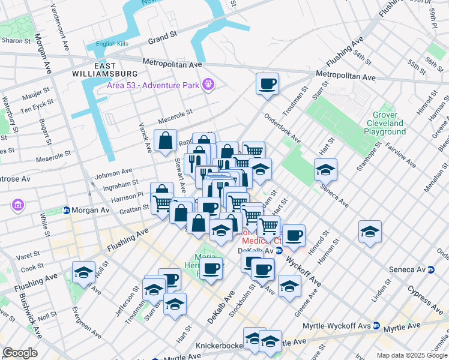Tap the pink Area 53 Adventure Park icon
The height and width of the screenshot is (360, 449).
(x=208, y=85)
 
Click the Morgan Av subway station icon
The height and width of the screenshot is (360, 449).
(x=65, y=211)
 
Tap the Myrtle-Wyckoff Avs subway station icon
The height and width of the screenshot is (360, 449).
(x=376, y=325)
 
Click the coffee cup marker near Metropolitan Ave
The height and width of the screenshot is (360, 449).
(x=267, y=83)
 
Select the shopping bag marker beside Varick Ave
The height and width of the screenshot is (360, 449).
(x=165, y=141)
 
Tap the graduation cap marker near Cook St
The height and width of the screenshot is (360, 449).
(x=83, y=272)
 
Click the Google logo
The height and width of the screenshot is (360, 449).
(x=20, y=353)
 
